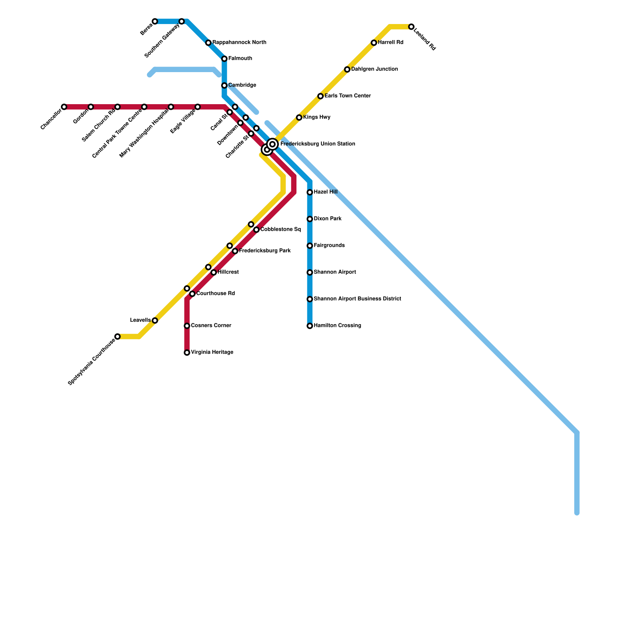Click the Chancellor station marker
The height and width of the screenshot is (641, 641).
[x=64, y=107]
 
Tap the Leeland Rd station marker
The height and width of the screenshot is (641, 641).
[x=411, y=27]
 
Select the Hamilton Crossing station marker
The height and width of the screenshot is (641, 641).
[x=310, y=326]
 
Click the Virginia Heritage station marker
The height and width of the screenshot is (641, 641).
[x=187, y=353]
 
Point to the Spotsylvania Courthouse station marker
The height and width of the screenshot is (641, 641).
[x=117, y=337]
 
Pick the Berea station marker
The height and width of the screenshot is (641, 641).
[x=155, y=21]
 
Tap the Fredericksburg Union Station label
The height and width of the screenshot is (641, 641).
[x=317, y=144]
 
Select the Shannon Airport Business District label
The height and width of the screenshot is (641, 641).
[x=357, y=299]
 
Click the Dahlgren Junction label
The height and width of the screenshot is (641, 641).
[x=374, y=69]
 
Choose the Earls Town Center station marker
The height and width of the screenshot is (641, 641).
[x=320, y=96]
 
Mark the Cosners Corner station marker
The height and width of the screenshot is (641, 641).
[x=187, y=326]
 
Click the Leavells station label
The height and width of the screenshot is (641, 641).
[x=140, y=320]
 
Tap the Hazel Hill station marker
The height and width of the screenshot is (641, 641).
[x=310, y=193]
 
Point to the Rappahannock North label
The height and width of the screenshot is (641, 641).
[x=239, y=42]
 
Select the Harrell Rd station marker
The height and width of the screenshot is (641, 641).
[x=374, y=43]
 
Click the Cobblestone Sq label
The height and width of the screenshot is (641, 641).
[x=280, y=230]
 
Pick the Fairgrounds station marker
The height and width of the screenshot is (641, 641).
[x=310, y=246]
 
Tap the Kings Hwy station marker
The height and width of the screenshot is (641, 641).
[x=299, y=117]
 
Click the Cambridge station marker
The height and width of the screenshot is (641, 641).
[x=224, y=86]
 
